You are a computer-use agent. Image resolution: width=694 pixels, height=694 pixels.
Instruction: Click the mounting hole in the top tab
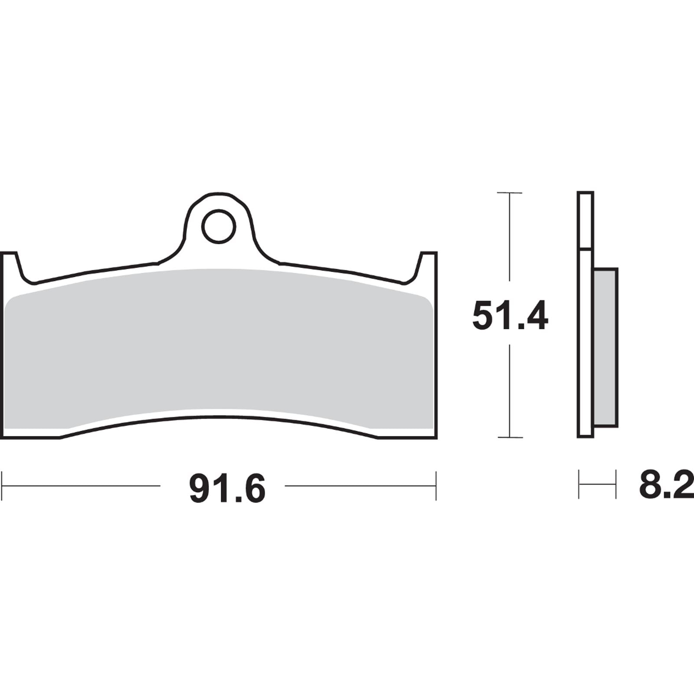(x=219, y=226)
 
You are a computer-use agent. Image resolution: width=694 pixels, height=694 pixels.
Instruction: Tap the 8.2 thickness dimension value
(x=666, y=486)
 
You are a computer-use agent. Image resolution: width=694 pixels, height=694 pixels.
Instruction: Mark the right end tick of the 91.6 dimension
(x=435, y=486)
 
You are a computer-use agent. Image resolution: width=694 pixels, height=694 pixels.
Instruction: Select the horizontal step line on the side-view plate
(x=586, y=249)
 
